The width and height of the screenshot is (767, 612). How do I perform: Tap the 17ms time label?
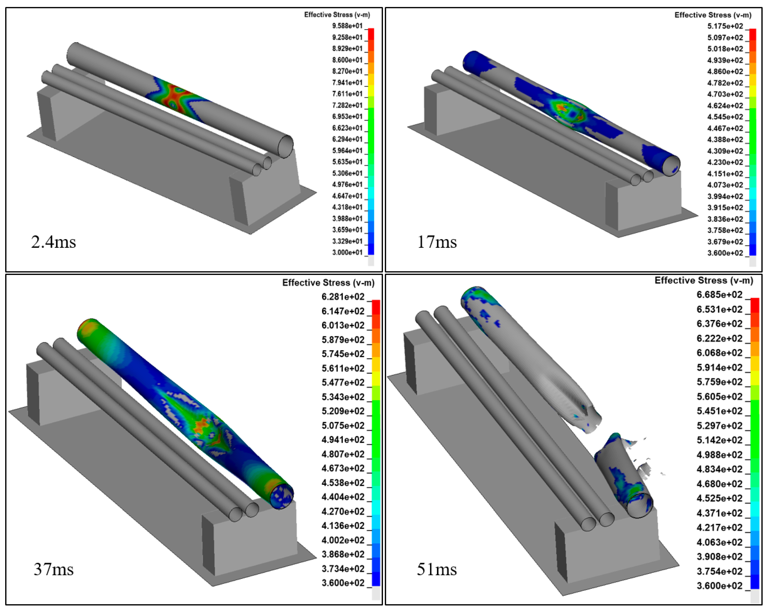[437, 242]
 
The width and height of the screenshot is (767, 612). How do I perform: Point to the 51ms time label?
[437, 569]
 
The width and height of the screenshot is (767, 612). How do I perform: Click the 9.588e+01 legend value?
[347, 26]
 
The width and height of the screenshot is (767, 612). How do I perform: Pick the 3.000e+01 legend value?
[347, 252]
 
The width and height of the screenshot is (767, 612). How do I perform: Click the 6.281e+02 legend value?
[343, 297]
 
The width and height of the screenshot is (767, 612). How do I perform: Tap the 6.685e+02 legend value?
[719, 295]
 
